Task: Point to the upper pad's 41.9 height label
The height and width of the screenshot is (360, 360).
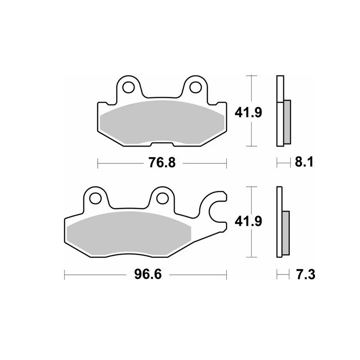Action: click(248, 111)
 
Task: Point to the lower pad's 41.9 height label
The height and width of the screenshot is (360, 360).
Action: click(248, 221)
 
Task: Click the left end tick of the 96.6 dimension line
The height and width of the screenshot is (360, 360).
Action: click(65, 273)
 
